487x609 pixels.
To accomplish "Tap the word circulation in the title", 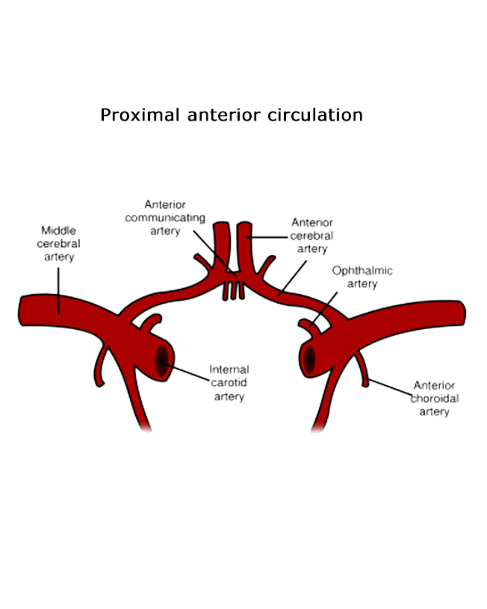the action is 315,115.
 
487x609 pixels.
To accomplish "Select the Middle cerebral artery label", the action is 59,244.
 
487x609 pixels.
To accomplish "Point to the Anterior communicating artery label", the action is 165,218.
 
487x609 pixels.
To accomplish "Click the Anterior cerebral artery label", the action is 312,235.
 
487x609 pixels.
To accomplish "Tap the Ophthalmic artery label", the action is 362,277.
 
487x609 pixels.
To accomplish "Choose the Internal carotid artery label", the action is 229,383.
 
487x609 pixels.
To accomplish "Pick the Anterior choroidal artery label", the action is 434,399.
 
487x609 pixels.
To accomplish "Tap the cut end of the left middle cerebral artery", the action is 21,310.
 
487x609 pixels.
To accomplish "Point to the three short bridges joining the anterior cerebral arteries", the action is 233,291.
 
